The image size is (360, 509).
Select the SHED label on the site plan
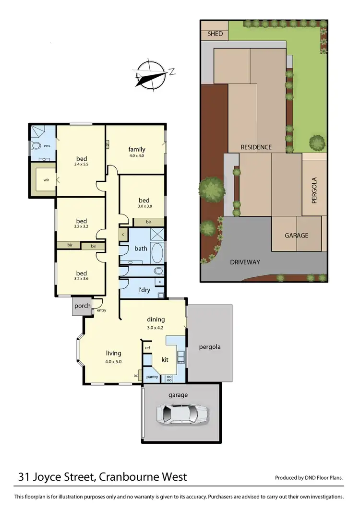click(214, 34)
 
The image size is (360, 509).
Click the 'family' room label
click(136, 149)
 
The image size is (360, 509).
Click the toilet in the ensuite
click(36, 146)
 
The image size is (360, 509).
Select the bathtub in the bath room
click(157, 251)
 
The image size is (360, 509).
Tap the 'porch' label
click(82, 306)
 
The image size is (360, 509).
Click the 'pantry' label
click(152, 378)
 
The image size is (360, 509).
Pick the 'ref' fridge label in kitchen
click(147, 348)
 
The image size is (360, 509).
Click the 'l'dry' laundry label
click(144, 291)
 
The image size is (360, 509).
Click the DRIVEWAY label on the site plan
click(244, 262)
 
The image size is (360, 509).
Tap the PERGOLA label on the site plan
click(315, 191)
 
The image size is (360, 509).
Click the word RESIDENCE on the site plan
click(256, 147)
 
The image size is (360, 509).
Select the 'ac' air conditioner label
click(136, 376)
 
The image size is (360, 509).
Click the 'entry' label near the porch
click(101, 310)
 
